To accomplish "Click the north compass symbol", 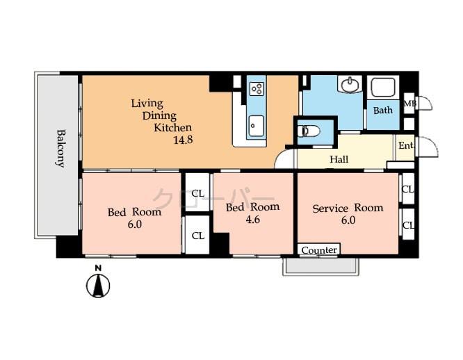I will click(99, 285).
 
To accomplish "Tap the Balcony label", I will click(60, 148).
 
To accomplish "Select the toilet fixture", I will click(310, 131).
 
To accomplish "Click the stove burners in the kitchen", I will click(256, 88).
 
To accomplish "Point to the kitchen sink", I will click(256, 125).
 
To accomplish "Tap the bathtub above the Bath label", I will click(382, 88).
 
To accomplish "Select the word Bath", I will click(382, 111).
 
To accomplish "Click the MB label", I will click(409, 104).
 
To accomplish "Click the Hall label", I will click(339, 160).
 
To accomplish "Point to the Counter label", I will click(320, 249).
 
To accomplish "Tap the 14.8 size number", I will click(183, 140).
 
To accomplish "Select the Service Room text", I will click(347, 208).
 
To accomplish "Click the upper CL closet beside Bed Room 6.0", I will click(197, 194).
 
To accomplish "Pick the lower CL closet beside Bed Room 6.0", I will click(197, 236).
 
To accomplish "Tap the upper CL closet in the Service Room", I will click(408, 189).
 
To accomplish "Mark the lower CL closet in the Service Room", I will click(408, 225).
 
